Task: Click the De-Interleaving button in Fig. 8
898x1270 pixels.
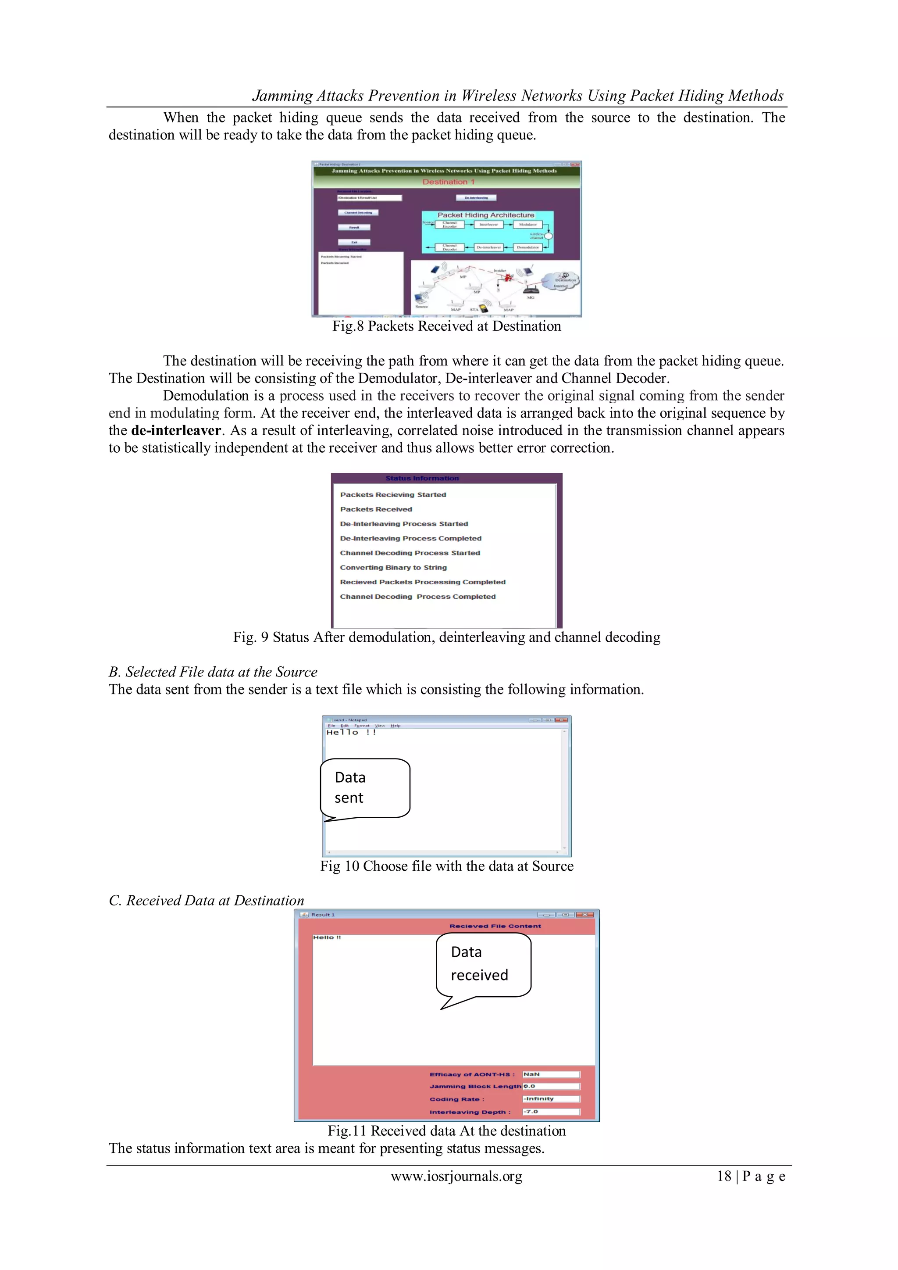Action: coord(476,197)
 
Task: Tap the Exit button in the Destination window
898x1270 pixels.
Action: coord(354,242)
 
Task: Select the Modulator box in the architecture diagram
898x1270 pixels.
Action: coord(527,225)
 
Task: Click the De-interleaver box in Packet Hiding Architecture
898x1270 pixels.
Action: coord(488,247)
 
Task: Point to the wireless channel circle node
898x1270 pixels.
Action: coord(549,236)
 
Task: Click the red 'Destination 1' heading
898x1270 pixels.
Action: coord(449,182)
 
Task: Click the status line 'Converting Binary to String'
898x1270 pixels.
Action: coord(393,568)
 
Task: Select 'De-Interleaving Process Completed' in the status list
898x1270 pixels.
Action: coord(410,538)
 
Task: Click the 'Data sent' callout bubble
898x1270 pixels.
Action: coord(365,788)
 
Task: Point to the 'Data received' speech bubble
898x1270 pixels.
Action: coord(483,965)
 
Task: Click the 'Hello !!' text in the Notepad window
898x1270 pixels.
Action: coord(351,732)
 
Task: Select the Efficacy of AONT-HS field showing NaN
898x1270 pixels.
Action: coord(551,1074)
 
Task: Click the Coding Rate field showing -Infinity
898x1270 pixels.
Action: coord(551,1099)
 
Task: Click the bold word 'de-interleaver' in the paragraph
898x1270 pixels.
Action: coord(176,430)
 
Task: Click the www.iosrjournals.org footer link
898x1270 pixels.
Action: coord(456,1176)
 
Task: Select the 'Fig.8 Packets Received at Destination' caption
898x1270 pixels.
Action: coord(446,326)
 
